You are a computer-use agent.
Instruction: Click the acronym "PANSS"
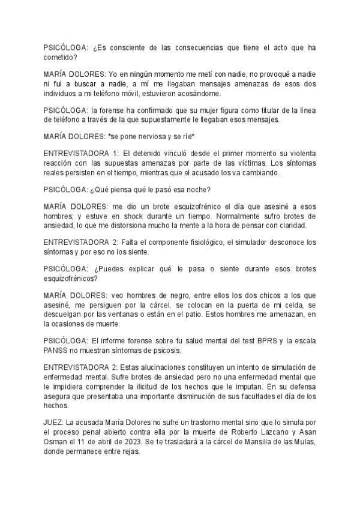(58, 350)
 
